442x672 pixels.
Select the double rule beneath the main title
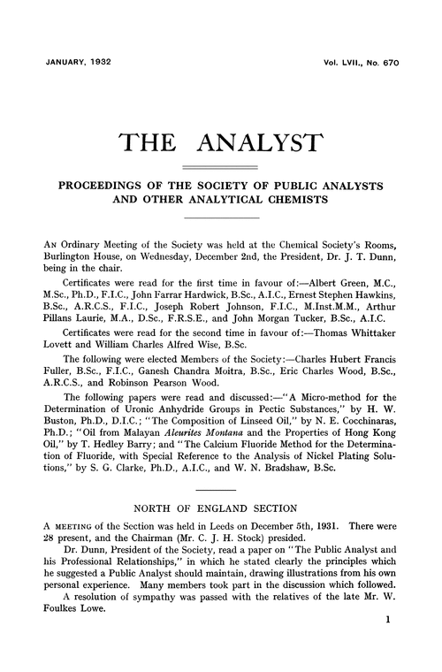tap(221, 168)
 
